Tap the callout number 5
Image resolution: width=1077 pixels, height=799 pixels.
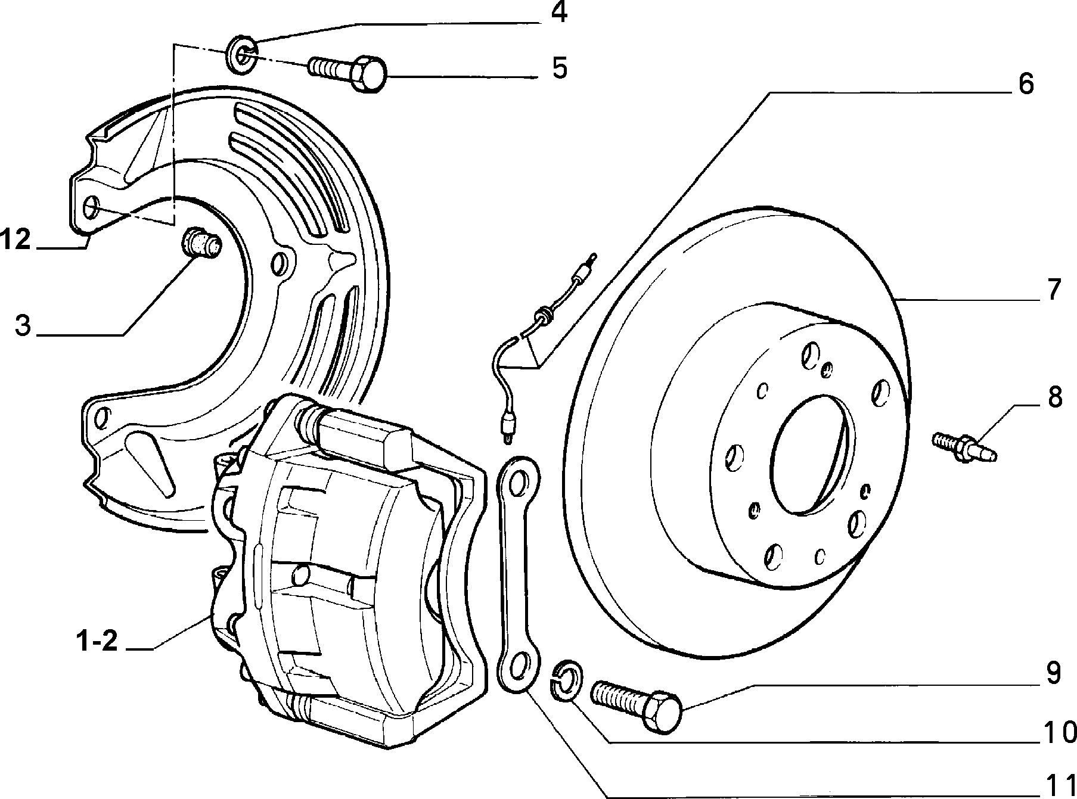click(x=560, y=68)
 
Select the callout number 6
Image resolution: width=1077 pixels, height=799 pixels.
click(x=1026, y=84)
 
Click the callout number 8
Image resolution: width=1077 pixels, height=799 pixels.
click(x=1055, y=397)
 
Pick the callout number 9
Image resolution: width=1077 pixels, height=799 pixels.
click(x=1054, y=674)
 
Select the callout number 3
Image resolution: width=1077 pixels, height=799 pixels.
click(x=23, y=326)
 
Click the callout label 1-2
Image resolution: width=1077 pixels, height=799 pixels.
click(x=97, y=642)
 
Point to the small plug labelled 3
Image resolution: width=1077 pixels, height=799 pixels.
click(x=200, y=244)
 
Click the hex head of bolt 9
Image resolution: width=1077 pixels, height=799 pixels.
click(x=663, y=712)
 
